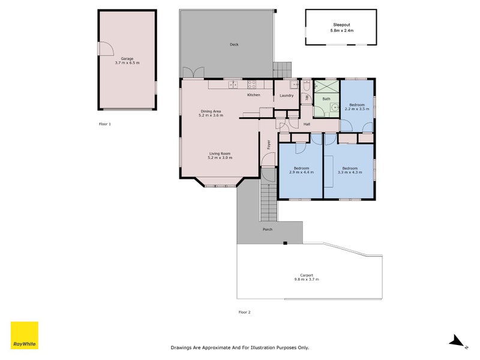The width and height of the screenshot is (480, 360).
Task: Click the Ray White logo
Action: point(25,335)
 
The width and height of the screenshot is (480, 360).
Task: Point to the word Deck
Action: point(234,44)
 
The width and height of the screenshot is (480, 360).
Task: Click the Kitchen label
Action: point(254,95)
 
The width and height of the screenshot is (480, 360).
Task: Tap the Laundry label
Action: point(286,95)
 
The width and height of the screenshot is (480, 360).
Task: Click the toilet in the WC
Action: point(306,86)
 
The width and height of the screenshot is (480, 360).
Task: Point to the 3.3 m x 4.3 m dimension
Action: point(349,172)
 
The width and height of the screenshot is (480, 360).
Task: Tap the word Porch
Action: point(268,229)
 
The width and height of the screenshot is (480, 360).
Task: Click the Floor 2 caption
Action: point(244,312)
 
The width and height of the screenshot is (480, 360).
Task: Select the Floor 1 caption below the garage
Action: point(105,124)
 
